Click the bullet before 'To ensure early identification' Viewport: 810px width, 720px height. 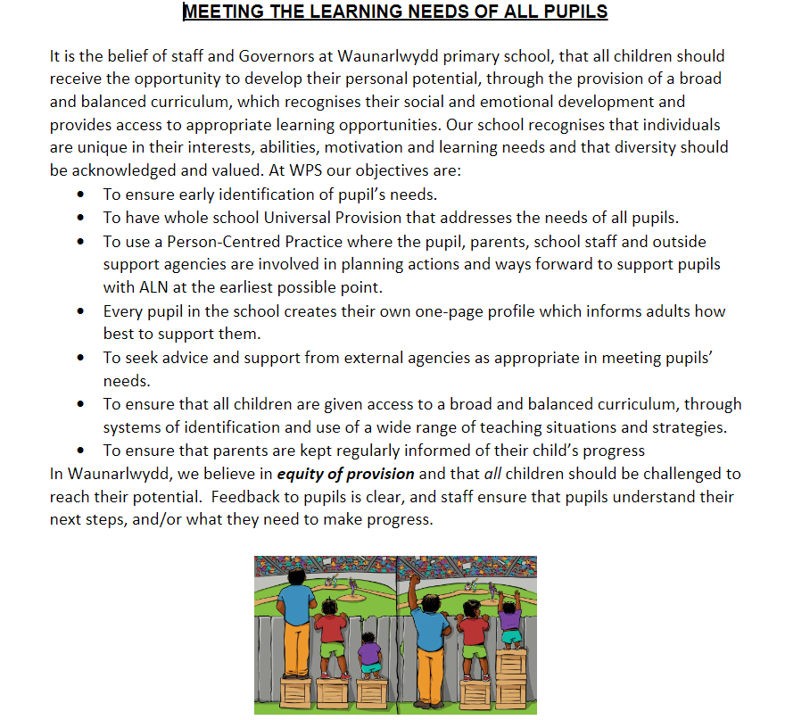tap(82, 194)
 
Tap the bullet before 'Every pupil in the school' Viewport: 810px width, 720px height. tap(82, 311)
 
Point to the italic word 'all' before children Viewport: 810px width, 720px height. tap(494, 474)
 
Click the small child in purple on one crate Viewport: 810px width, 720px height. tap(368, 656)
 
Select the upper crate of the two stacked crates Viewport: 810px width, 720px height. tap(511, 664)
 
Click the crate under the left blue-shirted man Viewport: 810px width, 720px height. tap(297, 692)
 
